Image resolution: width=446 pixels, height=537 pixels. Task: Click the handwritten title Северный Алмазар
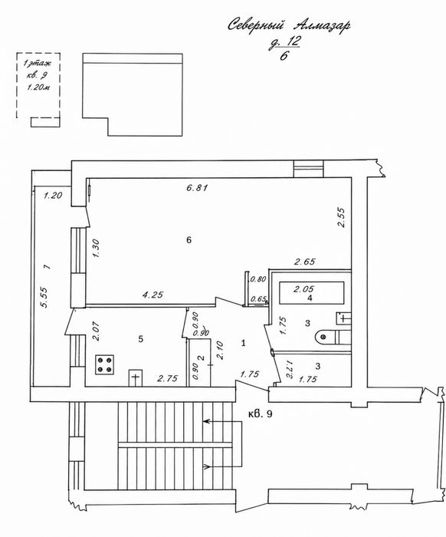[289, 25]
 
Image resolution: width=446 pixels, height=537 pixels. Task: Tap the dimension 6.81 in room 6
[197, 188]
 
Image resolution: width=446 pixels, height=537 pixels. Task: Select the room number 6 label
[189, 240]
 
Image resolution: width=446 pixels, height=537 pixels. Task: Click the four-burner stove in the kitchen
[105, 364]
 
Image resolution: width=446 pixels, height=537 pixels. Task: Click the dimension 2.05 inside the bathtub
[303, 289]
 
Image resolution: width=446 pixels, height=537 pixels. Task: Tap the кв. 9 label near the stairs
[261, 414]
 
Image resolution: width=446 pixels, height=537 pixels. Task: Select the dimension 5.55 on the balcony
[44, 298]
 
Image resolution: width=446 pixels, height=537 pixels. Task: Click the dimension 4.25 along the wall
[152, 294]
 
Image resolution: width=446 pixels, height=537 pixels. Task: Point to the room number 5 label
[140, 339]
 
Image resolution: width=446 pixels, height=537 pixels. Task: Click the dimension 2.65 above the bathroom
[305, 262]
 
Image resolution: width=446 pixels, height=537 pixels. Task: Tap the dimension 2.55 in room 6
[341, 218]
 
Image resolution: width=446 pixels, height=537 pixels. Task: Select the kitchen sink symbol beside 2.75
[136, 378]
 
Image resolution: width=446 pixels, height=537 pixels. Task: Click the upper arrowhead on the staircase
[205, 422]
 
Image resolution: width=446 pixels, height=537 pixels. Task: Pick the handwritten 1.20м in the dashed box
[38, 87]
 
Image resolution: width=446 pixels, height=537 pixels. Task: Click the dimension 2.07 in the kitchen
[96, 331]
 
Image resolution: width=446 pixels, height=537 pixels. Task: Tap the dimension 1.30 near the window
[96, 248]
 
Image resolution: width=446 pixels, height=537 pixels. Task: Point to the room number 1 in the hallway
[244, 343]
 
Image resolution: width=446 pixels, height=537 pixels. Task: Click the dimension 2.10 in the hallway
[220, 351]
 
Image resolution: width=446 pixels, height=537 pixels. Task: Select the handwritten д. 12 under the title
[284, 42]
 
